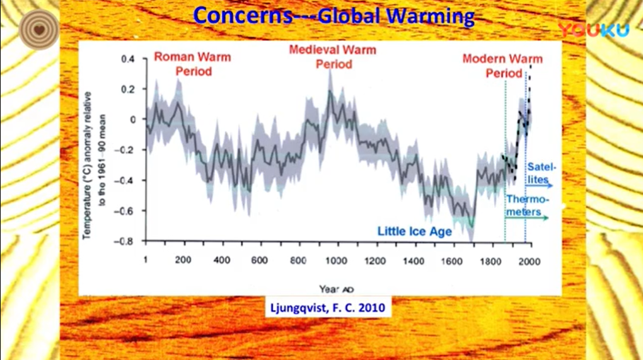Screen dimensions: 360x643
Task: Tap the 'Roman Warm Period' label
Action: (x=193, y=64)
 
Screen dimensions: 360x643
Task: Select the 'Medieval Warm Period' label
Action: (x=333, y=57)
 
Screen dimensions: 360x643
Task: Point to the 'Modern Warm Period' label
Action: (x=502, y=66)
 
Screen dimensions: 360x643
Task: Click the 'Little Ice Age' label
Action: (x=414, y=231)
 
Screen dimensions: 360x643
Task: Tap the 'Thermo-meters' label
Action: (x=528, y=206)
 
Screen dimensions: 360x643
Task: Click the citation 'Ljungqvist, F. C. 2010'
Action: (x=326, y=310)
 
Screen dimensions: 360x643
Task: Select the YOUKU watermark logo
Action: (x=593, y=29)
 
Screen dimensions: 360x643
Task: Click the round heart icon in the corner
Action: (x=37, y=28)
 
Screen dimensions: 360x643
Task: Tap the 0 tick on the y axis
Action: (x=132, y=119)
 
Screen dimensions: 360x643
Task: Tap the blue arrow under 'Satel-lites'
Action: (x=540, y=185)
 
